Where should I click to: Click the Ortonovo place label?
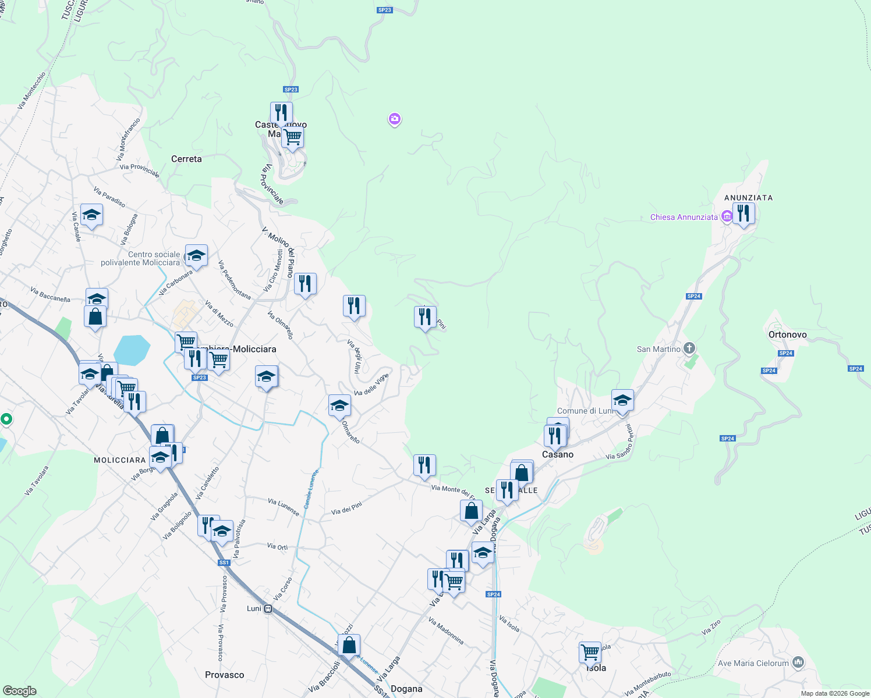[787, 334]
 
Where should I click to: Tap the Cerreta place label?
[186, 159]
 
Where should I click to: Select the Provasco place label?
[224, 675]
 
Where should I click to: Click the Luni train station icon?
[268, 609]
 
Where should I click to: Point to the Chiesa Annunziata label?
[684, 217]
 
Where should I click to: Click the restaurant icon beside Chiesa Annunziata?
[743, 213]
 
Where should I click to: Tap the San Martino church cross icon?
[689, 348]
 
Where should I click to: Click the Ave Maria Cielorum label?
[753, 663]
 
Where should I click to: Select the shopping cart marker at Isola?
[590, 652]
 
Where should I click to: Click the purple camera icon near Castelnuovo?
[395, 119]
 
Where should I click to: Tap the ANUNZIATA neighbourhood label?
[748, 198]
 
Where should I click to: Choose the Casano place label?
[557, 454]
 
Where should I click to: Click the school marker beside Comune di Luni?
[622, 401]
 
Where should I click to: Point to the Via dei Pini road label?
[346, 508]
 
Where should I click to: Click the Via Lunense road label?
[284, 507]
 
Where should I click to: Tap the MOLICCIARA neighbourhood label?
[119, 460]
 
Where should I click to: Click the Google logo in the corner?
[19, 691]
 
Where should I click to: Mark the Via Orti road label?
[277, 546]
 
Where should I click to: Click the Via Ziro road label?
[711, 627]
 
